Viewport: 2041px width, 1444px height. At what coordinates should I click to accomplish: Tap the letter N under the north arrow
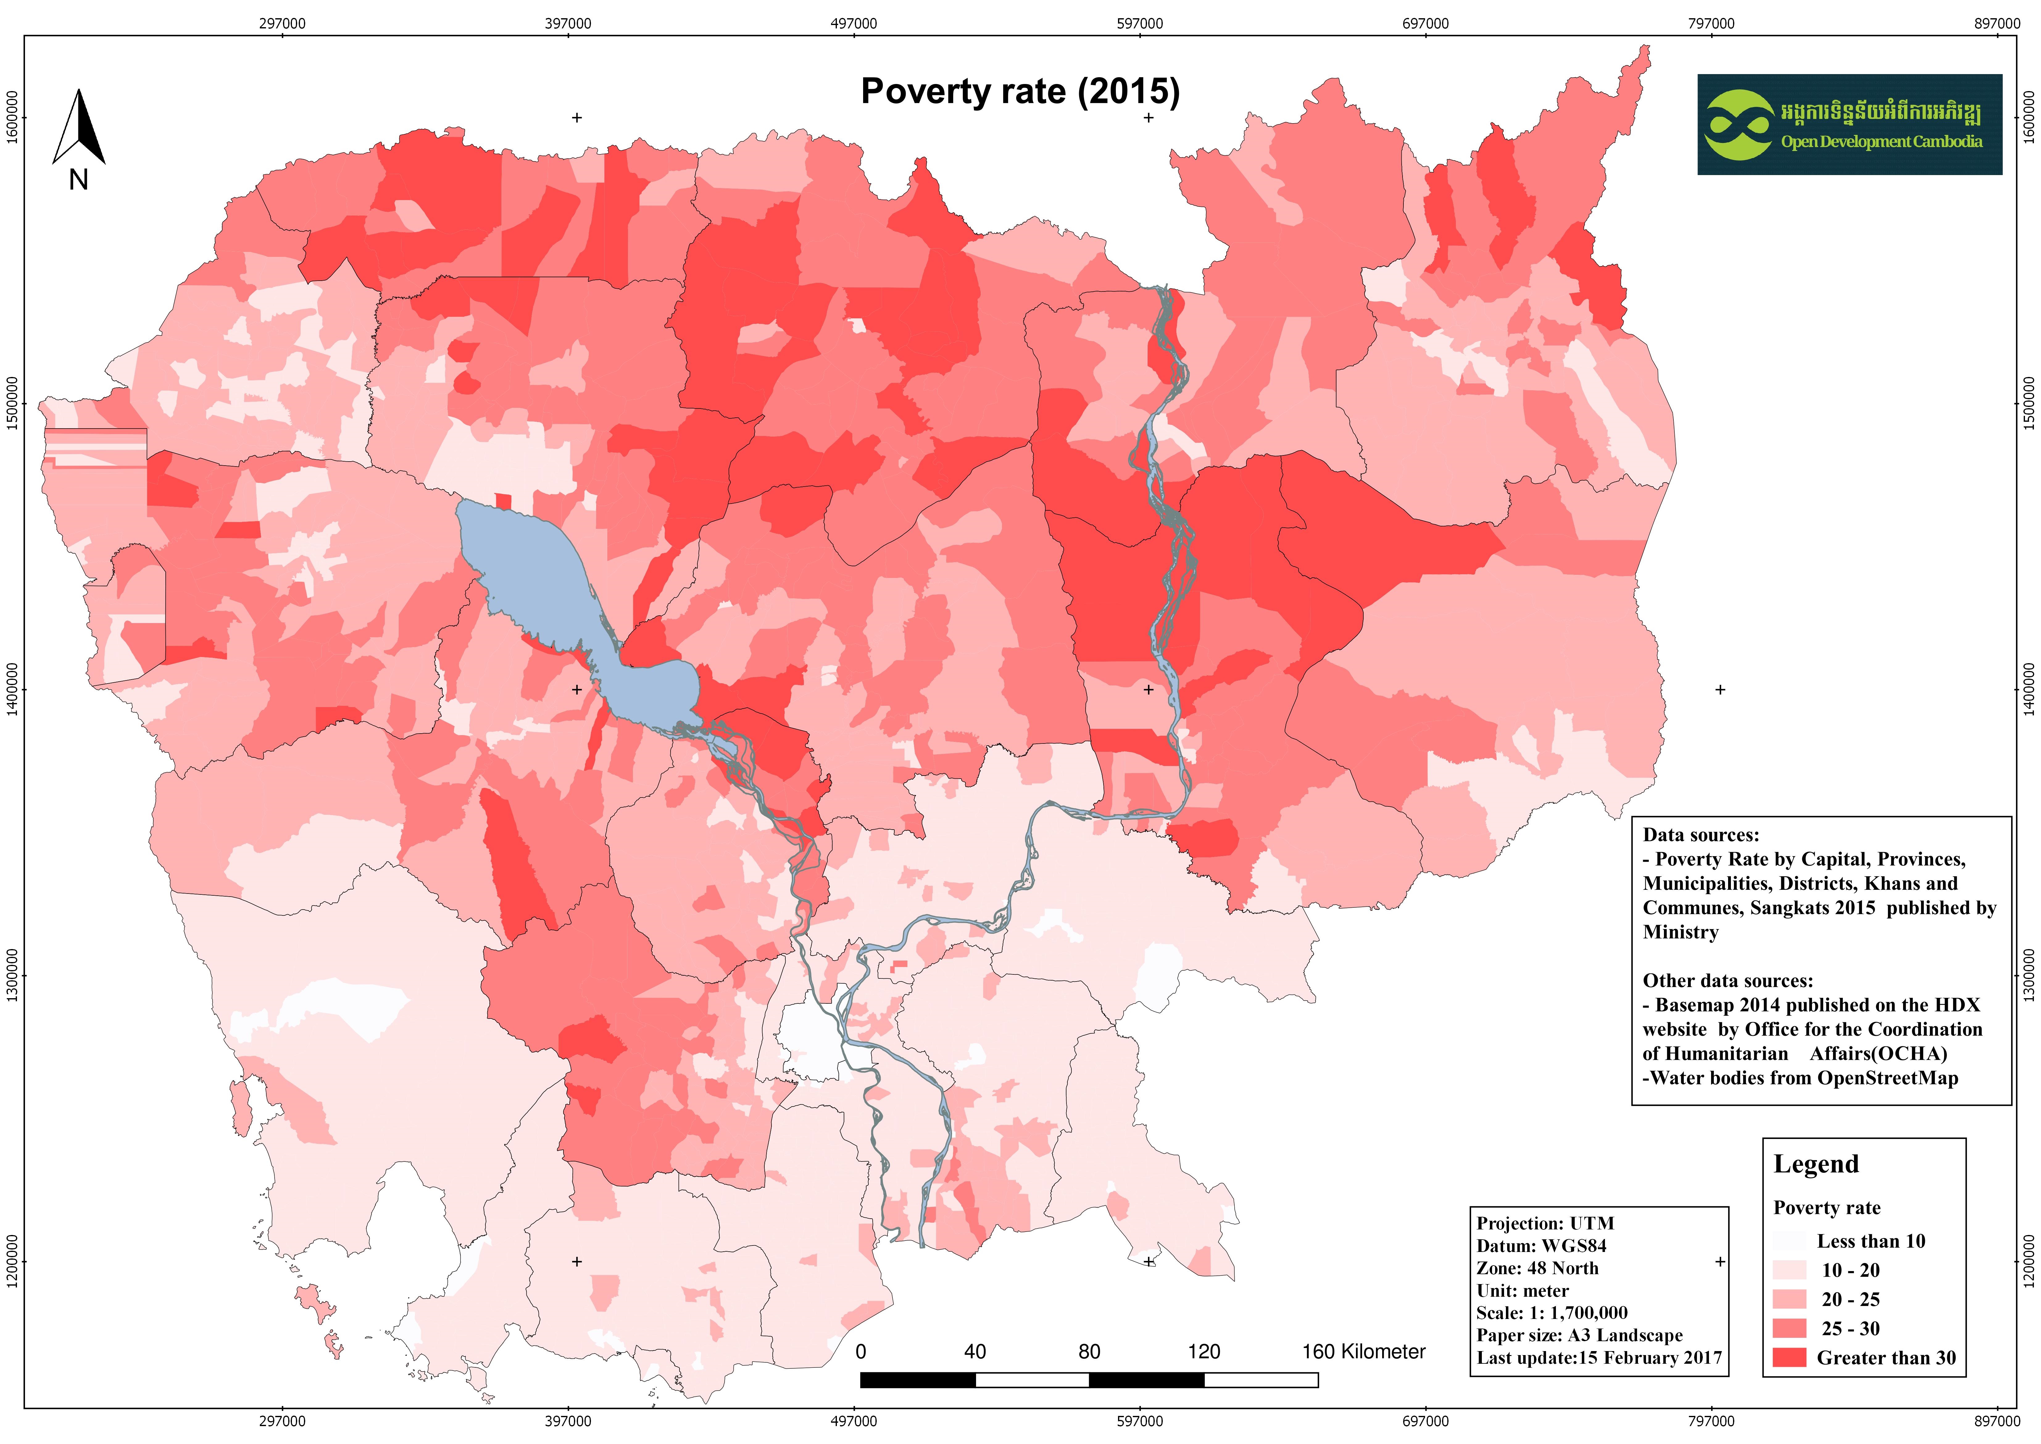coord(78,181)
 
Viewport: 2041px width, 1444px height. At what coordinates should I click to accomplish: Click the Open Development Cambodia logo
coord(1849,124)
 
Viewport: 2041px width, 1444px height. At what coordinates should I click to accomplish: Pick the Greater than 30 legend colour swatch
coord(1789,1357)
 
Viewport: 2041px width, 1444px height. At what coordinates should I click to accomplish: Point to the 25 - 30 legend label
coord(1851,1329)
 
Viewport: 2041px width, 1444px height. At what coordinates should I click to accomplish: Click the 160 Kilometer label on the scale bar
coord(1363,1351)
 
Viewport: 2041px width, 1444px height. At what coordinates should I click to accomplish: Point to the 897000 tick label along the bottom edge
coord(1997,1421)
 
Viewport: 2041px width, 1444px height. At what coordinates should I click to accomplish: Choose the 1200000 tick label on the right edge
coord(2029,1261)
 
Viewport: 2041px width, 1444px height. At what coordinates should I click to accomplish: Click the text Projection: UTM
coord(1545,1224)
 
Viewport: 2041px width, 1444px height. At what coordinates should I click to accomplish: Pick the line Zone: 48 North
coord(1537,1268)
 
